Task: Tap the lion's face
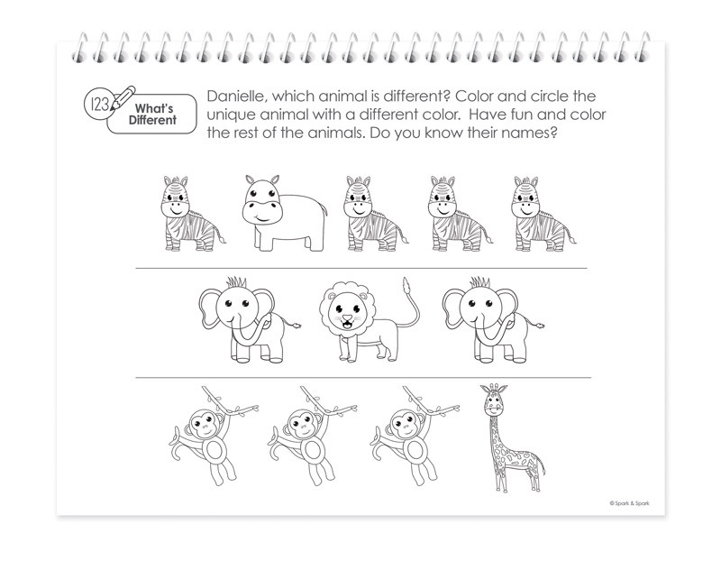346,316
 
